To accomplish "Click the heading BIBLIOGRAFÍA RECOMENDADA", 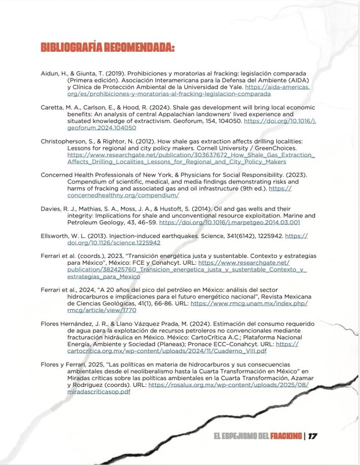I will pos(108,48).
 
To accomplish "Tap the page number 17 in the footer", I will pos(312,436).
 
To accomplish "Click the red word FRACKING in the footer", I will pos(286,436).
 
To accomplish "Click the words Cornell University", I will pos(241,148).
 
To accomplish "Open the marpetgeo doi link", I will pos(230,223).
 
